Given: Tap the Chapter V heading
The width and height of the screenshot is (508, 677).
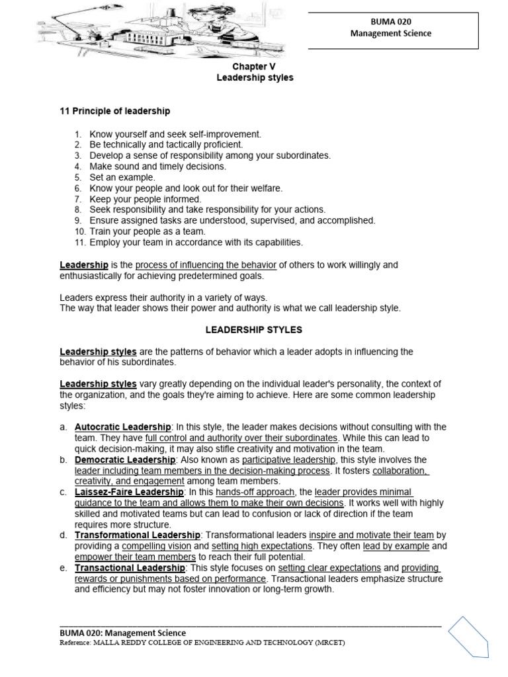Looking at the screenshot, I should [255, 67].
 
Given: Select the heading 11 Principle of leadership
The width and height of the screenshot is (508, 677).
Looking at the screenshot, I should [115, 111].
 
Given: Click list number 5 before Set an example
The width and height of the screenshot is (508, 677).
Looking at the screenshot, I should [77, 177].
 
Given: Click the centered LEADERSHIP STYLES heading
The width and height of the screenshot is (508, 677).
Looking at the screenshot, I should [254, 329].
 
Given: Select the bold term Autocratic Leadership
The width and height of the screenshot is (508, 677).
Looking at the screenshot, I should [122, 427].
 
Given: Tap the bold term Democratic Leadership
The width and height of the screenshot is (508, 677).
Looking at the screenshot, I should [125, 459].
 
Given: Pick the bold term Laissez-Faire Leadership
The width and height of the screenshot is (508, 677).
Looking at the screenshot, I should [129, 492].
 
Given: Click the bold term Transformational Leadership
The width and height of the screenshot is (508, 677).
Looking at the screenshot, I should [137, 535].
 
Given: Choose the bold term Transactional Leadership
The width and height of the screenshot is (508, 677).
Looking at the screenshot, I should [130, 567].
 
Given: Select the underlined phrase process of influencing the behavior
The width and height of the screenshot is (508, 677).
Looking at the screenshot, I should [206, 265].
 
